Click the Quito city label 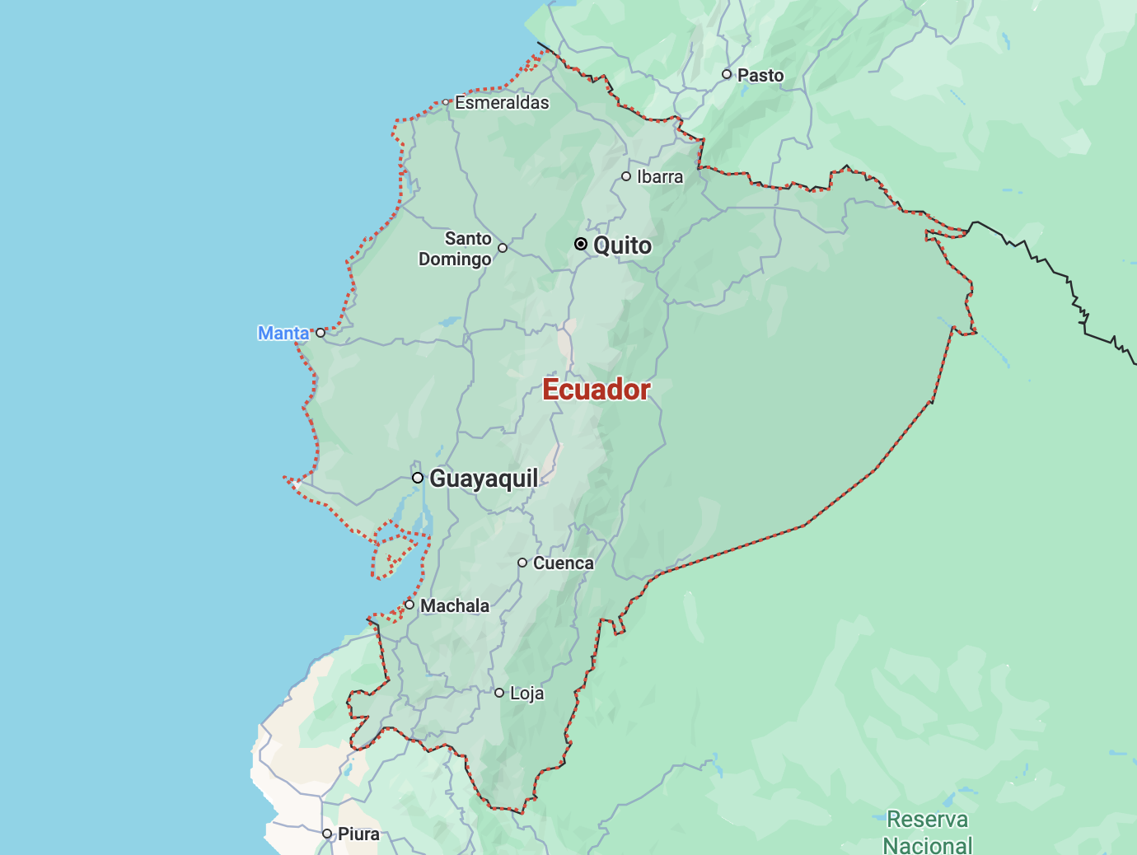(622, 245)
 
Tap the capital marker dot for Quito (581, 244)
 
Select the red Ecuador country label (597, 390)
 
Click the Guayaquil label (484, 479)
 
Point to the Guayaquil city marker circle (418, 478)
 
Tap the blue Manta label (283, 333)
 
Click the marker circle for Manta (321, 333)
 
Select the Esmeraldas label (502, 103)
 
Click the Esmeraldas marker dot (446, 103)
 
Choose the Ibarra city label (660, 177)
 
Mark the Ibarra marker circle (626, 176)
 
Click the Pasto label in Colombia (760, 76)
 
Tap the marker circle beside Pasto (727, 74)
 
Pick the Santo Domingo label (456, 249)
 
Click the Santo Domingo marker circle (503, 248)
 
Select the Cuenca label (564, 563)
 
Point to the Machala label (455, 606)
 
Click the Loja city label (527, 694)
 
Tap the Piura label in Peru (359, 834)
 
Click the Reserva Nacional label (928, 832)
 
